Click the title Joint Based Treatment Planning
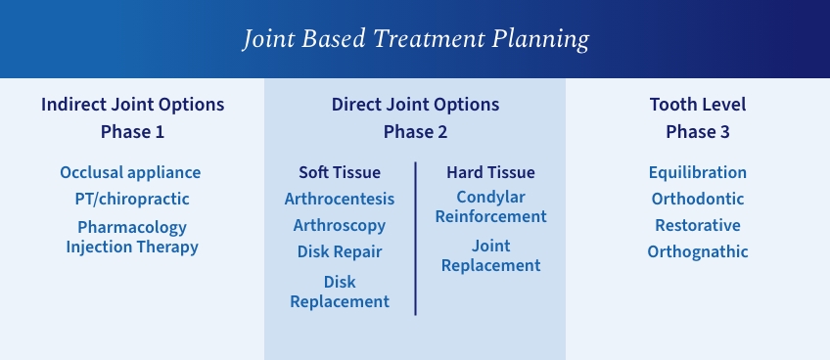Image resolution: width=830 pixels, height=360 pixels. [x=415, y=39]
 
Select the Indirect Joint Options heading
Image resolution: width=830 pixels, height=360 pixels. [x=132, y=105]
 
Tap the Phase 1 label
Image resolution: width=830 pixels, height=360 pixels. [x=132, y=131]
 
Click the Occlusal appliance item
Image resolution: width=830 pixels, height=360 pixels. [x=130, y=173]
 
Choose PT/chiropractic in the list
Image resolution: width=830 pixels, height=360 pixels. [x=132, y=200]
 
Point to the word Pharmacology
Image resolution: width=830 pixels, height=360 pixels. [x=132, y=227]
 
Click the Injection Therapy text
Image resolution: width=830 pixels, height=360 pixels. [x=132, y=247]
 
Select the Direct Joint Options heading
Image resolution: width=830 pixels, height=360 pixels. [x=415, y=105]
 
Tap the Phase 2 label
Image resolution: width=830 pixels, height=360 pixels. [x=415, y=131]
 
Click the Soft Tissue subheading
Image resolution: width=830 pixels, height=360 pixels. [x=340, y=173]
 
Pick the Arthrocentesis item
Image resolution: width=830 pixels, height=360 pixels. [x=340, y=200]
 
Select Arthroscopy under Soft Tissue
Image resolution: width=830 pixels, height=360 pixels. [x=340, y=226]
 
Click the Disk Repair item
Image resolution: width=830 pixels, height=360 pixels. [x=340, y=252]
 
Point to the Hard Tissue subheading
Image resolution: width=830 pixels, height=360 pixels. [x=490, y=173]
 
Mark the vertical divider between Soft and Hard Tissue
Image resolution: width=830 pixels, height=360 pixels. [x=416, y=239]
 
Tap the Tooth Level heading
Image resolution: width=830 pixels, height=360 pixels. [x=697, y=105]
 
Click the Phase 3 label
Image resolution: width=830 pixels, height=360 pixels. [x=697, y=131]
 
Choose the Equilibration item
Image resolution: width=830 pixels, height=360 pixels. [x=697, y=173]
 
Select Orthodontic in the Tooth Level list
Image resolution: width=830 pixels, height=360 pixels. [x=697, y=200]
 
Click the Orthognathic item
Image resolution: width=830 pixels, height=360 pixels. [x=697, y=252]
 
